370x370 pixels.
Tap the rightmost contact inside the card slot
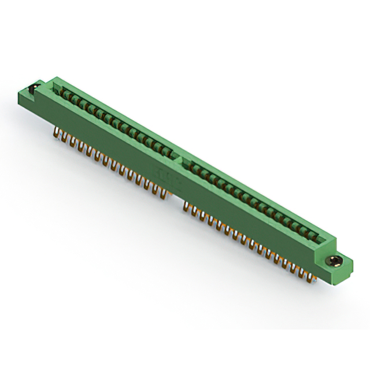click(315, 236)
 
